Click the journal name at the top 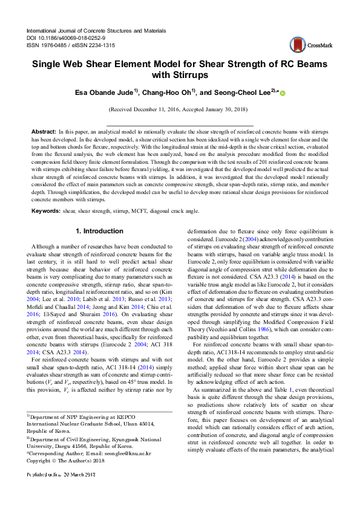(x=96, y=30)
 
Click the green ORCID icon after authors (x=283, y=92)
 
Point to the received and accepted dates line (x=179, y=110)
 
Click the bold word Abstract (x=44, y=131)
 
